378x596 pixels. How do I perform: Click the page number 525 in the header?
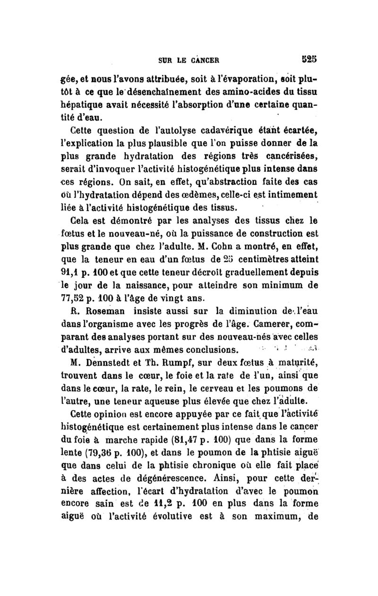(312, 60)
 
